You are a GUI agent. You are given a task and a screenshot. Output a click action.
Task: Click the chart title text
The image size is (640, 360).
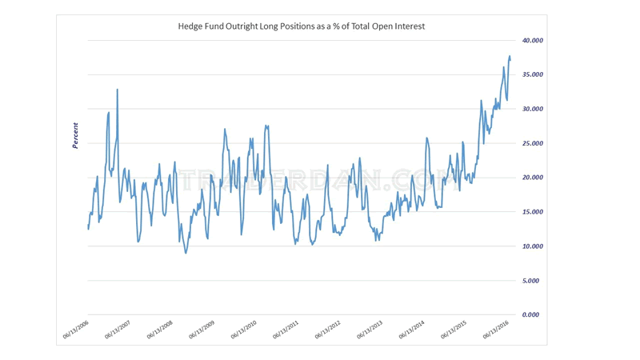pyautogui.click(x=301, y=26)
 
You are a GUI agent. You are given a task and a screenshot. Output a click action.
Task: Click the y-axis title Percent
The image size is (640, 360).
pyautogui.click(x=76, y=135)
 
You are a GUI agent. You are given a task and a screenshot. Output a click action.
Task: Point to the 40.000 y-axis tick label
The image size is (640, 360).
pyautogui.click(x=532, y=40)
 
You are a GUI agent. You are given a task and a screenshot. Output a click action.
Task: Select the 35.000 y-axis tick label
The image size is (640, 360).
pyautogui.click(x=532, y=74)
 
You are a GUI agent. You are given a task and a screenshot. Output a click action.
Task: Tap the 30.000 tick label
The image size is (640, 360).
pyautogui.click(x=532, y=109)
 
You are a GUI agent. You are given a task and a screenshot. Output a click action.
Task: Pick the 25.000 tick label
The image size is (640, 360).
pyautogui.click(x=532, y=143)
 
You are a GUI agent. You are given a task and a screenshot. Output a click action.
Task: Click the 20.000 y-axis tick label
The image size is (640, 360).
pyautogui.click(x=532, y=178)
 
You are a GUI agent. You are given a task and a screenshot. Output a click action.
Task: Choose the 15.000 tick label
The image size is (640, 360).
pyautogui.click(x=532, y=212)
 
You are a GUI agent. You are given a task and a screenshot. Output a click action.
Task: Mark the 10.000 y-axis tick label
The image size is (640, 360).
pyautogui.click(x=532, y=246)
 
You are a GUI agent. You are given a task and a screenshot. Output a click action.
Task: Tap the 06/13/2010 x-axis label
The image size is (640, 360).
pyautogui.click(x=245, y=330)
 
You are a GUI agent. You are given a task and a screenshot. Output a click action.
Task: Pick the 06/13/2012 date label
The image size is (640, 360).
pyautogui.click(x=329, y=330)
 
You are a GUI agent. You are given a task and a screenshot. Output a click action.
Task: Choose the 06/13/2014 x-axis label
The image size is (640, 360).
pyautogui.click(x=413, y=330)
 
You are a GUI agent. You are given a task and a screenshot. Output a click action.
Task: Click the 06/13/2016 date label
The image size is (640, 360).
pyautogui.click(x=497, y=330)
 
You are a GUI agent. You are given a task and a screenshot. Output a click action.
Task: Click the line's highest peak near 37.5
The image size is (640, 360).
pyautogui.click(x=510, y=57)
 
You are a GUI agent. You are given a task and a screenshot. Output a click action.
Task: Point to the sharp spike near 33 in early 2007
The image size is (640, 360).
pyautogui.click(x=118, y=90)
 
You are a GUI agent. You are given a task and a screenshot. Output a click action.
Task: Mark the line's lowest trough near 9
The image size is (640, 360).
pyautogui.click(x=186, y=253)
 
